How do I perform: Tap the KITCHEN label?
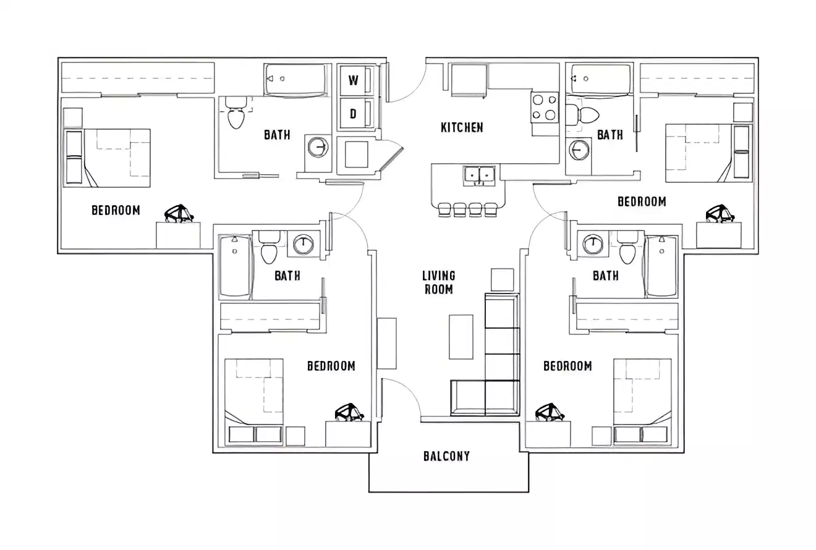pos(462,127)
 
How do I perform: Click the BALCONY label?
pos(446,456)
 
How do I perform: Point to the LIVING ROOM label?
pos(439,282)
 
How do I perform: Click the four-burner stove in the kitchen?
pos(544,106)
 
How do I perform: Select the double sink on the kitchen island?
pos(480,176)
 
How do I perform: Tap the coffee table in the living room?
pos(461,337)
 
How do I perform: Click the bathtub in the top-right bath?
pos(600,78)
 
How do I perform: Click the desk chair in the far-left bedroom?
pos(179,214)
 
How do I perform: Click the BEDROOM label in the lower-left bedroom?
pos(331,366)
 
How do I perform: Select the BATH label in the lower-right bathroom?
pos(605,276)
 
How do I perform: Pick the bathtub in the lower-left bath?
pos(236,266)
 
